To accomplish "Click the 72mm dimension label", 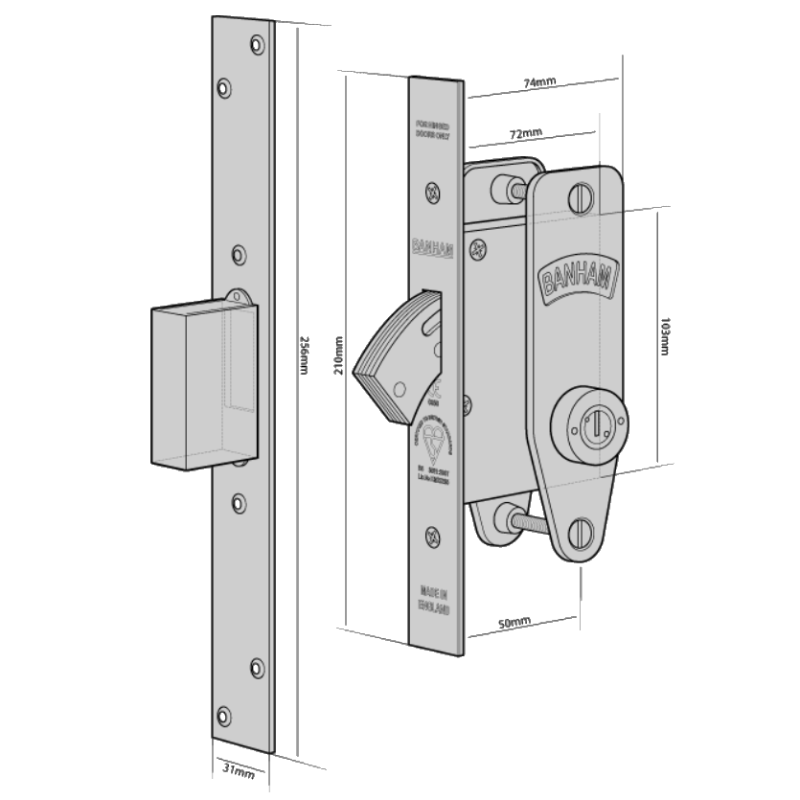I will [x=526, y=131].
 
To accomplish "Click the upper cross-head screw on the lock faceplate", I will [x=433, y=195].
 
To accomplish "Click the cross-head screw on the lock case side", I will [x=476, y=253].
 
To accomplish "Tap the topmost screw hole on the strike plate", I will [x=254, y=44].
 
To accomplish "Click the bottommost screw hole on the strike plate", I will [x=225, y=714].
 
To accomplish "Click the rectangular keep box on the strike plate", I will [x=192, y=383].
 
